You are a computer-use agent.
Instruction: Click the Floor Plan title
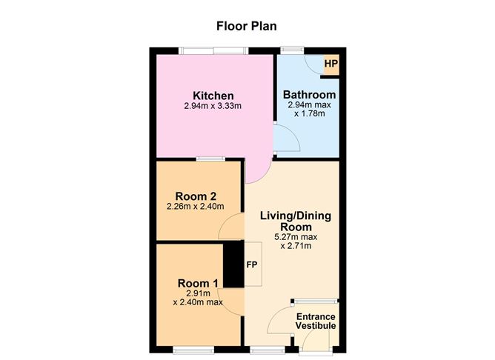point(246,26)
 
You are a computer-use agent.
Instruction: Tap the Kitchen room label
point(213,96)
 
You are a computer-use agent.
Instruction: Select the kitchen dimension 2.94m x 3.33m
point(213,107)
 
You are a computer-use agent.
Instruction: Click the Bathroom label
point(310,95)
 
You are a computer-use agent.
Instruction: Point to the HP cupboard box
point(330,64)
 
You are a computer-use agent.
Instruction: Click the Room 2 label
point(196,196)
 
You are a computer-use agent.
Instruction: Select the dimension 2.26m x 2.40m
point(196,207)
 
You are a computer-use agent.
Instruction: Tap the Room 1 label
point(198,283)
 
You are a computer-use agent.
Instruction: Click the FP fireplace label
point(251,264)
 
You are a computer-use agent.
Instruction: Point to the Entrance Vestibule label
point(316,321)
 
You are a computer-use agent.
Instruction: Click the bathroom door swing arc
point(285,139)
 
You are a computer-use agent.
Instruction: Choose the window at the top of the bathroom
point(291,51)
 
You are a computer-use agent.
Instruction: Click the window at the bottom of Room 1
point(194,348)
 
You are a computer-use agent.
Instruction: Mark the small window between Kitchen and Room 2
point(212,159)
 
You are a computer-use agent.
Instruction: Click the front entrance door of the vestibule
point(315,341)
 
